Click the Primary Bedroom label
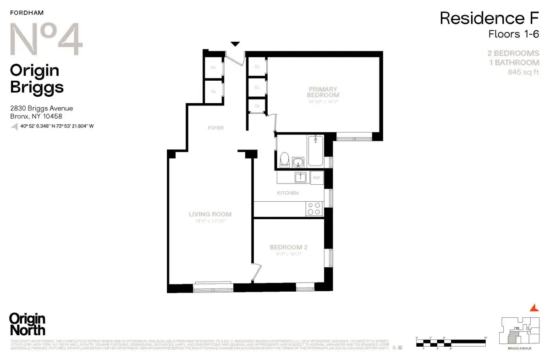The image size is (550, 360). [323, 92]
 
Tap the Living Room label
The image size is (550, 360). [210, 214]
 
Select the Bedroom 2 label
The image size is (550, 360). [288, 247]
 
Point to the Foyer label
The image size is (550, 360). [215, 128]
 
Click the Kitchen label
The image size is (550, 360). [288, 193]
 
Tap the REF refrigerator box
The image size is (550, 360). [317, 177]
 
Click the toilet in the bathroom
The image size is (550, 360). [284, 160]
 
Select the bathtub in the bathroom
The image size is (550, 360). [316, 151]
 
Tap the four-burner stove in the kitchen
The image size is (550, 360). [314, 209]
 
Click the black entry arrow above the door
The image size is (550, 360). [235, 44]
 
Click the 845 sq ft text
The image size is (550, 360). [523, 72]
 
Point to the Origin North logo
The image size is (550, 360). [27, 324]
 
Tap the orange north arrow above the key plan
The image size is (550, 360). [532, 307]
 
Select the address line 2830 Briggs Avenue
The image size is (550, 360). [42, 109]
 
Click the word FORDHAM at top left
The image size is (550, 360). [23, 13]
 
